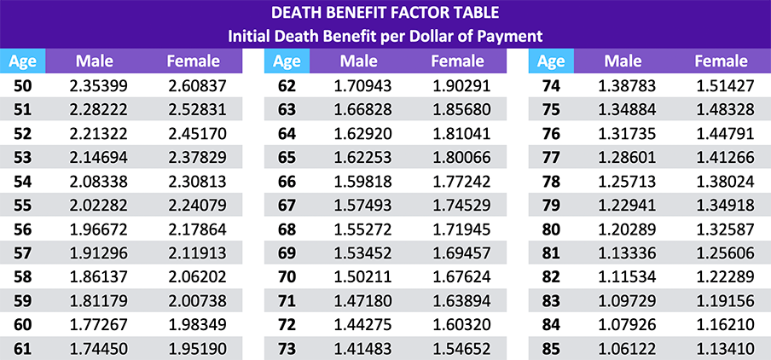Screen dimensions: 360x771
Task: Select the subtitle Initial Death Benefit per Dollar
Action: click(385, 36)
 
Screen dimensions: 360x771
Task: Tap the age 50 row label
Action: click(22, 86)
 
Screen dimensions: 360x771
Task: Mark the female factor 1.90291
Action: click(459, 86)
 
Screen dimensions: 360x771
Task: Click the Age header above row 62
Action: click(287, 61)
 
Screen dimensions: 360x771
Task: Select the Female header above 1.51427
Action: click(722, 61)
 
